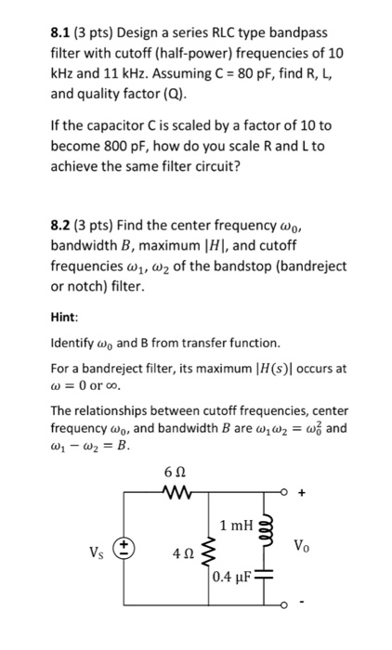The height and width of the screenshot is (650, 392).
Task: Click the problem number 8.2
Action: pos(62,224)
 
